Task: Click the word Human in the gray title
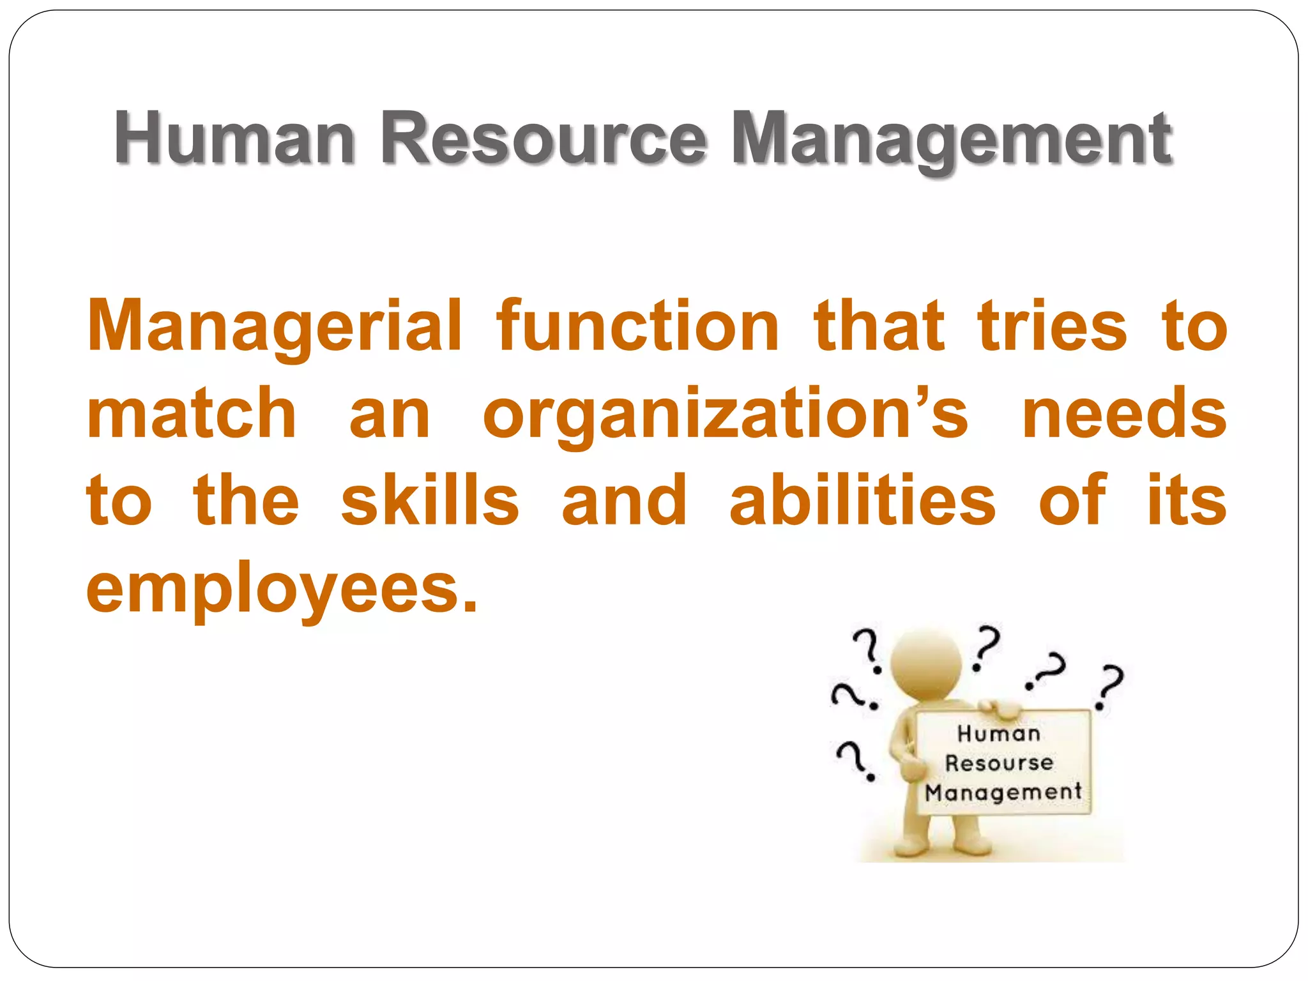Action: (x=234, y=139)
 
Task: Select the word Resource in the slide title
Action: (x=543, y=139)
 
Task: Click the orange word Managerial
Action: (x=275, y=327)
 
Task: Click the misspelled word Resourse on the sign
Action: (x=999, y=763)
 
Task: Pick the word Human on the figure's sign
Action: (x=999, y=733)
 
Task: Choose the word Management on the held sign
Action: (x=1003, y=792)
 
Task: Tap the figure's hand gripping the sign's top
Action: (x=1000, y=708)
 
